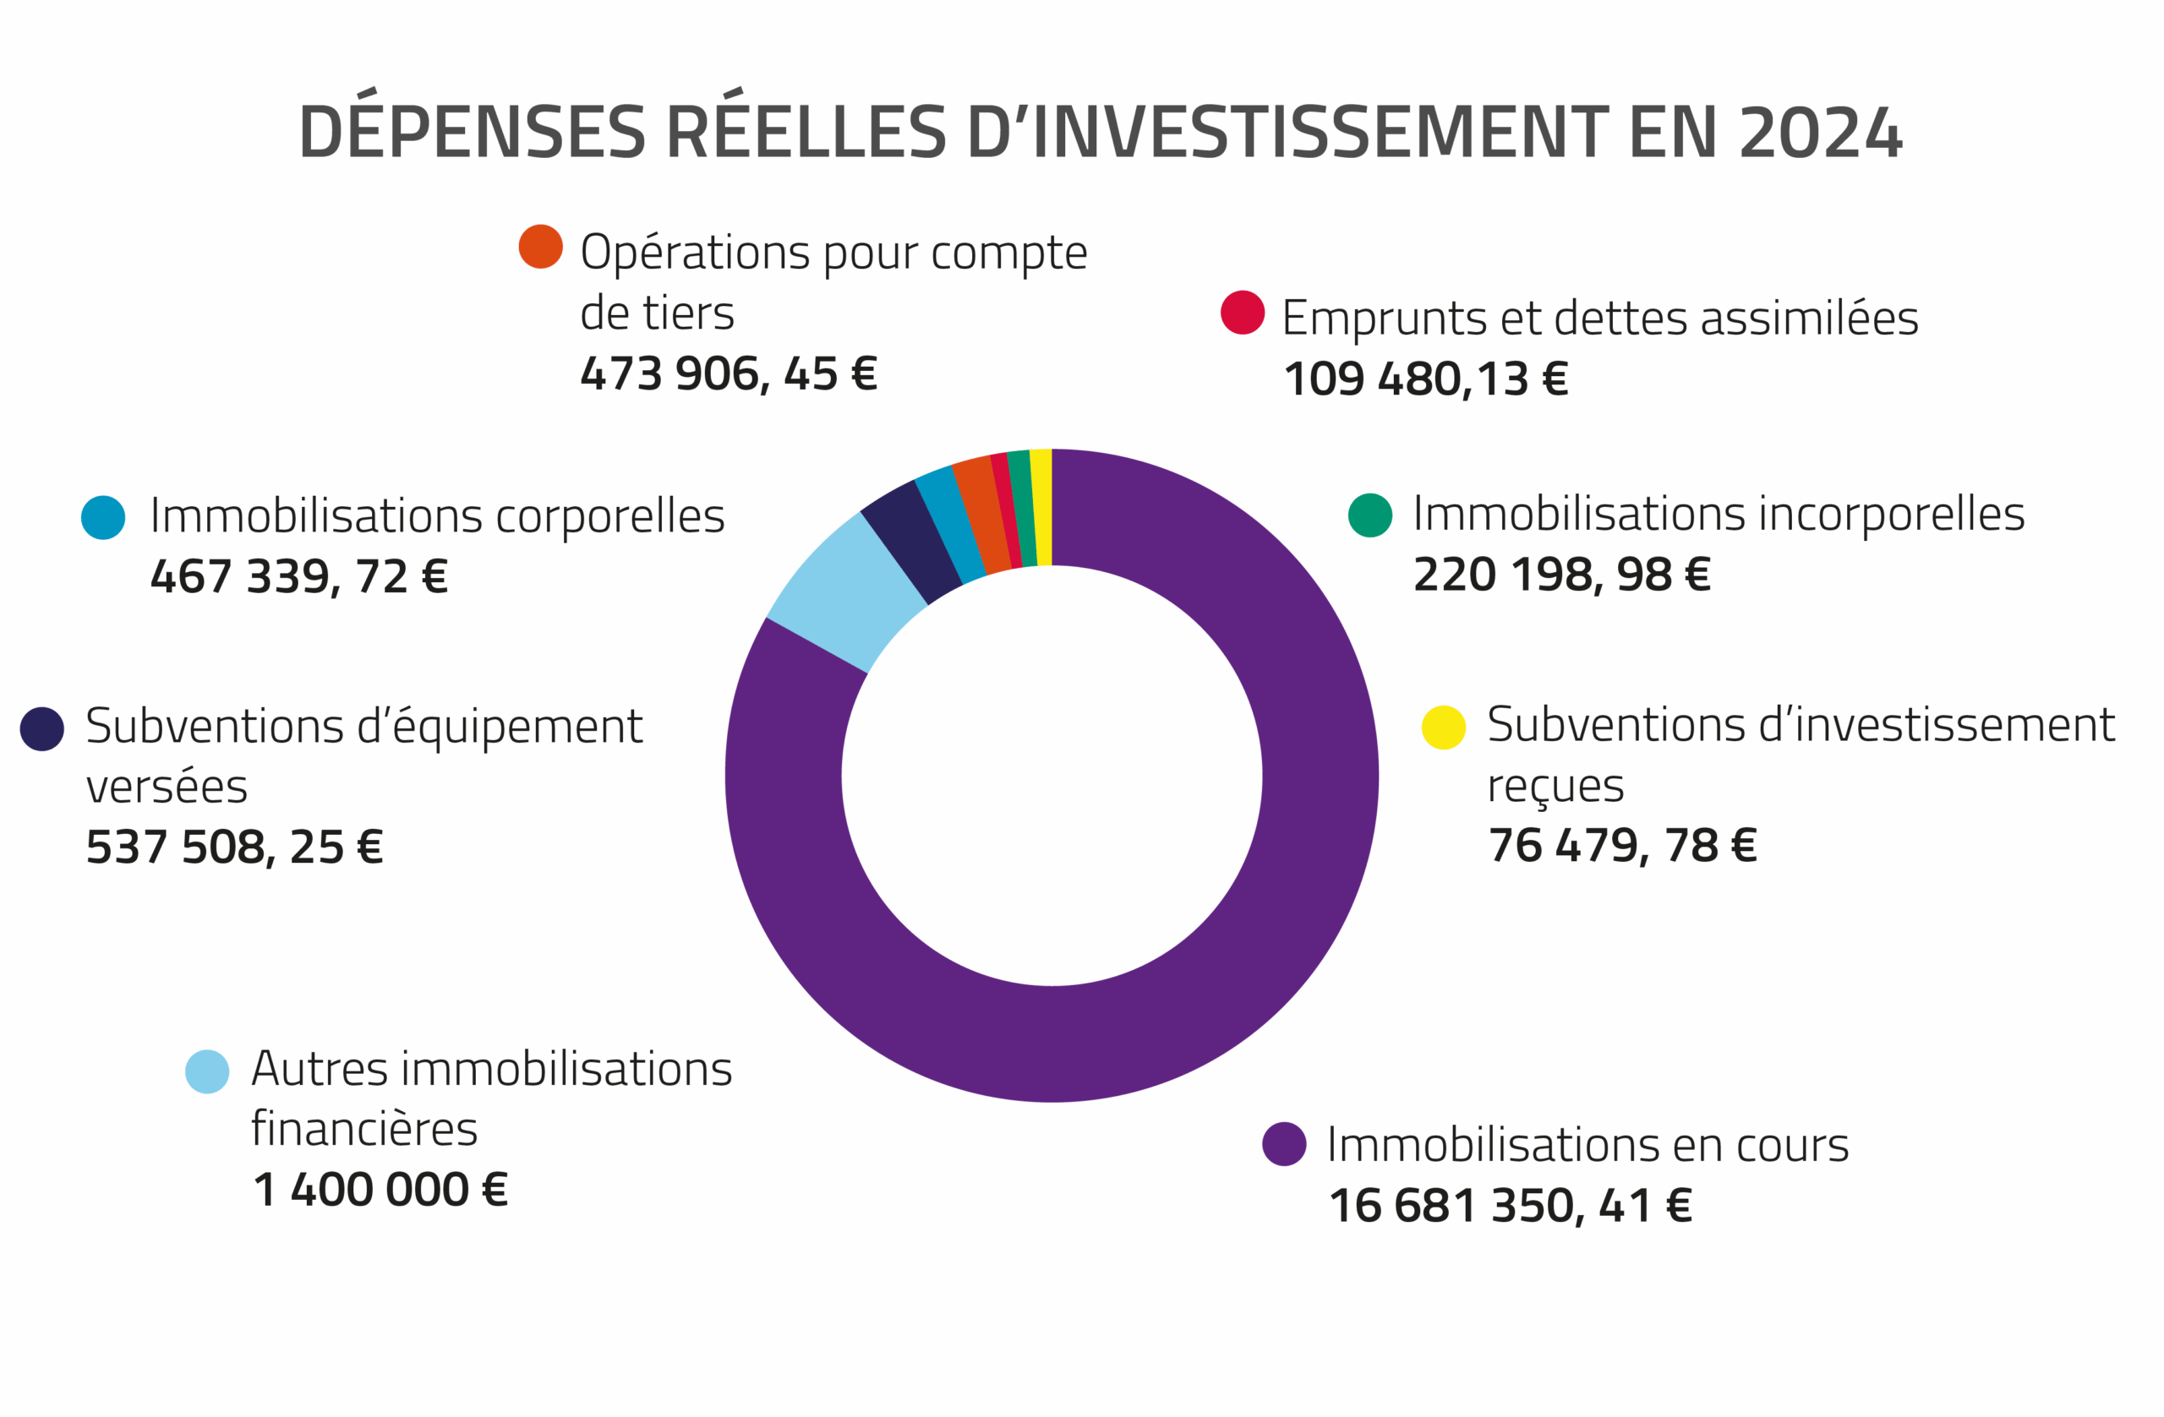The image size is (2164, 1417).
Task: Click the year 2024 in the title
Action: click(1819, 133)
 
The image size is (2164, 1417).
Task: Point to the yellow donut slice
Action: click(1042, 507)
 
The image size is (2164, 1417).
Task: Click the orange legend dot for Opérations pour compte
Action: click(540, 247)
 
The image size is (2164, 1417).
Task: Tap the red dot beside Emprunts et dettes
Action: click(1242, 313)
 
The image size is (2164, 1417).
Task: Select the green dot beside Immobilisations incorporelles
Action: click(1369, 515)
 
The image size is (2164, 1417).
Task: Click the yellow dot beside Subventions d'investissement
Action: click(1443, 728)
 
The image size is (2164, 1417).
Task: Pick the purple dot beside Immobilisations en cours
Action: click(1284, 1143)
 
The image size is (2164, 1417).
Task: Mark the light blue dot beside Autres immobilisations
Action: click(207, 1071)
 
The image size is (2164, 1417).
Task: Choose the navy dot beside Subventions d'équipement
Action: click(41, 729)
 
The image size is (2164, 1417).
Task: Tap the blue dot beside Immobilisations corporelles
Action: click(104, 517)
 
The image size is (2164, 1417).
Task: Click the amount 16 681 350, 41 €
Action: click(1510, 1206)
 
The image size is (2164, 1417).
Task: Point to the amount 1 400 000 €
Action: click(380, 1190)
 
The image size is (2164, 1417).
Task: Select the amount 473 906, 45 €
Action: click(729, 373)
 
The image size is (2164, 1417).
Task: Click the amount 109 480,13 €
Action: click(1425, 379)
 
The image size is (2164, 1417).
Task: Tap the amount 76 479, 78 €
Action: click(1621, 845)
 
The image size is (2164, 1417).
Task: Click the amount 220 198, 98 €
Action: click(1561, 575)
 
